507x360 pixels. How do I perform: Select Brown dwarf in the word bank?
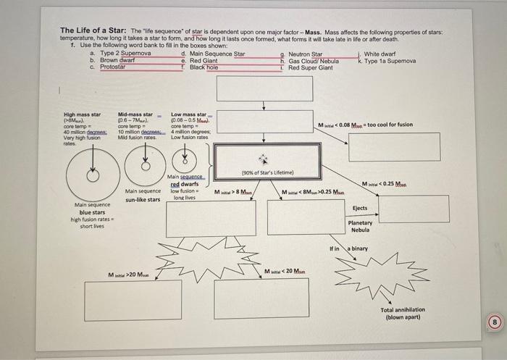coord(119,61)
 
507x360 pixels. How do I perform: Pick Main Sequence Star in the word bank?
coord(217,54)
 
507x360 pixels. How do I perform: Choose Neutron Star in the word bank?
coord(305,54)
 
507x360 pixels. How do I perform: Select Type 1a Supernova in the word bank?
coord(390,61)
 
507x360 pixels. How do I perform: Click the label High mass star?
coord(82,114)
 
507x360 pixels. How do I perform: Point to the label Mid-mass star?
coord(135,114)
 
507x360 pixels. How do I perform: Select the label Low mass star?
coord(188,114)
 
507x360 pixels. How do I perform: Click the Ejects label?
coord(360,208)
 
